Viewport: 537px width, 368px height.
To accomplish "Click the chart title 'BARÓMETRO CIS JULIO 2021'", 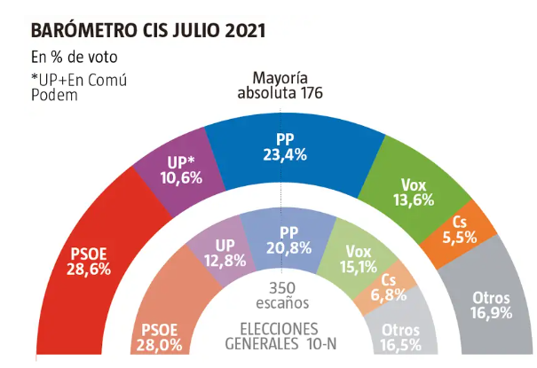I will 147,31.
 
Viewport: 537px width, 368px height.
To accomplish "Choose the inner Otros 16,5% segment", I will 400,335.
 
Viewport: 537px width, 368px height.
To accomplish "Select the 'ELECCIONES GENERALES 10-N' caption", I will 280,334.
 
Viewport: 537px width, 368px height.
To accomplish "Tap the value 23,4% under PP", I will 286,154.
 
